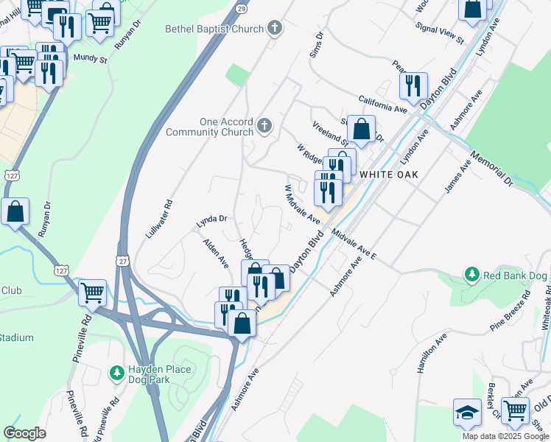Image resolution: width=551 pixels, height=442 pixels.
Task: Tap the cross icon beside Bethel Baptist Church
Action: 275,29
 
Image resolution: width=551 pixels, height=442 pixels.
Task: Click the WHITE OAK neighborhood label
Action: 388,174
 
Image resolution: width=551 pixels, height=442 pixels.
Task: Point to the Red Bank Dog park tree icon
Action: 471,276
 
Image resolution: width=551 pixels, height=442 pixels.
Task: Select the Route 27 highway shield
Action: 122,261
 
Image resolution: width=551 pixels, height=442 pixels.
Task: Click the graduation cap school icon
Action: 467,413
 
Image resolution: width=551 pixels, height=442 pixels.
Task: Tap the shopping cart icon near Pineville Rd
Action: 92,292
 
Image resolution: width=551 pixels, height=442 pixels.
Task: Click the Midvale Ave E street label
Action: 354,245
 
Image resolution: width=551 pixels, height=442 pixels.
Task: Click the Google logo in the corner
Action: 25,433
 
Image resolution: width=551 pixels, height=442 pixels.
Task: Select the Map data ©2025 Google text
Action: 505,436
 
